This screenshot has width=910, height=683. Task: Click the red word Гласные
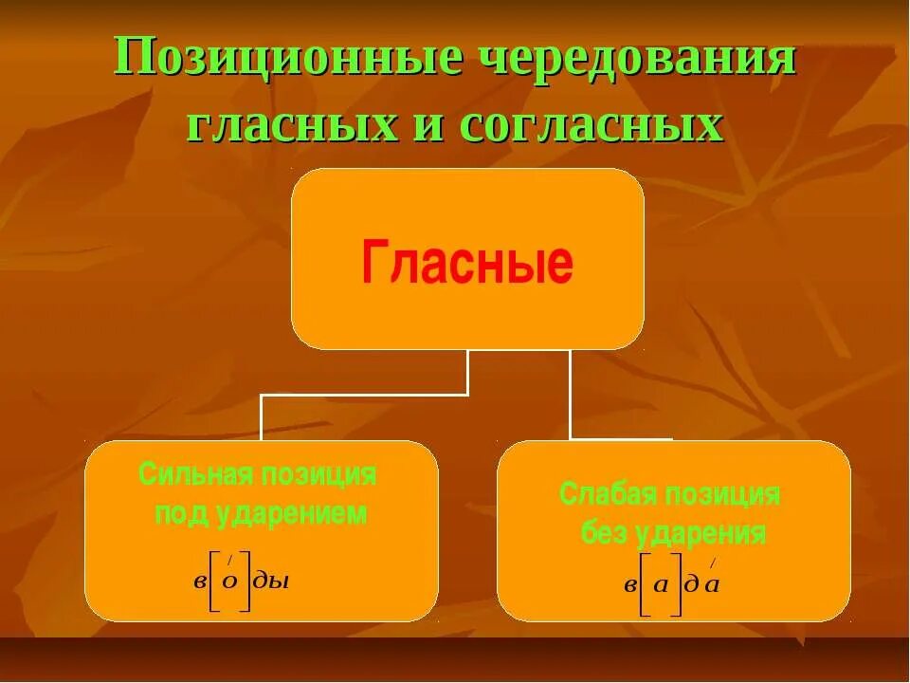(466, 263)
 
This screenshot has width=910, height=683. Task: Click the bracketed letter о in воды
(229, 581)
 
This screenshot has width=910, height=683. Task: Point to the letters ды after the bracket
(272, 581)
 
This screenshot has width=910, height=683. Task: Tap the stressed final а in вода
(713, 583)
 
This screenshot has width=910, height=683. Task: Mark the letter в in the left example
(200, 581)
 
